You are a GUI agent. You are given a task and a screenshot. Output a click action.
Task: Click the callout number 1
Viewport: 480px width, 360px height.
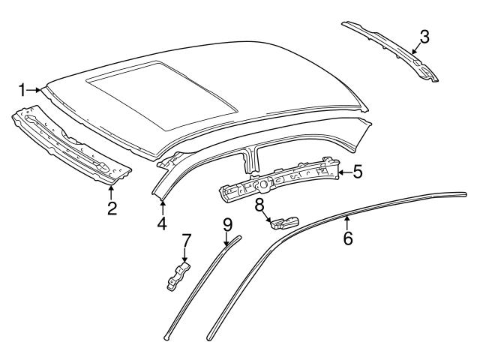click(x=22, y=90)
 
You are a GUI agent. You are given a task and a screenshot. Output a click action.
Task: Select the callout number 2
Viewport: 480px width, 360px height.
click(x=111, y=208)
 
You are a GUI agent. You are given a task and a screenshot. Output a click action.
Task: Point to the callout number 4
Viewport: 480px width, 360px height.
click(x=162, y=223)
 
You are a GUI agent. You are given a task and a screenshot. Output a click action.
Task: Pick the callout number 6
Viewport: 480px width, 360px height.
click(x=347, y=238)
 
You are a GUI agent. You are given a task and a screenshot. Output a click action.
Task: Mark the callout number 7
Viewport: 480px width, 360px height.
click(x=186, y=241)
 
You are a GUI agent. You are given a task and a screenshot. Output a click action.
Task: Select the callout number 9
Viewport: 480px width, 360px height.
click(x=228, y=223)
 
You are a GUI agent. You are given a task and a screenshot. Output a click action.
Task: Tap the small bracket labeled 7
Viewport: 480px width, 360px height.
click(x=177, y=275)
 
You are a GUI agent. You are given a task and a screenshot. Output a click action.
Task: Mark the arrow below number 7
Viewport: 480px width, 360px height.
click(x=185, y=257)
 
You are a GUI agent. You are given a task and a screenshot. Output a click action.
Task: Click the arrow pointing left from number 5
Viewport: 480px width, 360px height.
click(x=341, y=172)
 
